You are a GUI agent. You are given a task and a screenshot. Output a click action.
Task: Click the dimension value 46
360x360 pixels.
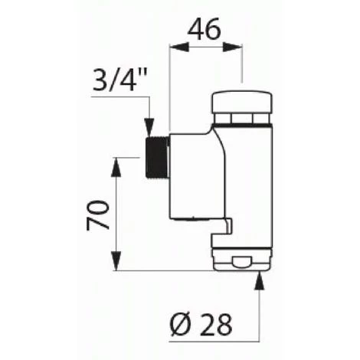205,30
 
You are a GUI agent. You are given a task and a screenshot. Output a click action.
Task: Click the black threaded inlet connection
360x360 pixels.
155,157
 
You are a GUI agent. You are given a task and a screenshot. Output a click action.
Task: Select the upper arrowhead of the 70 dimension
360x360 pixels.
117,163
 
